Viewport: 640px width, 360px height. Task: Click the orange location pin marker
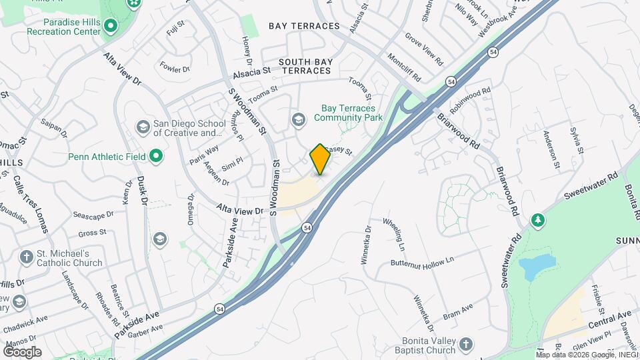[320, 159]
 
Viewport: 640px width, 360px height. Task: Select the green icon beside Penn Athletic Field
[156, 157]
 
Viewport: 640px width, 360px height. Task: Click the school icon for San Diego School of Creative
[142, 127]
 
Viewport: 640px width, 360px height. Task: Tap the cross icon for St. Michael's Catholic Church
[26, 257]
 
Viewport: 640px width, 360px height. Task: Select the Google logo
[22, 352]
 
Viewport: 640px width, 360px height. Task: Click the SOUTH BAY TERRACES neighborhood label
[305, 66]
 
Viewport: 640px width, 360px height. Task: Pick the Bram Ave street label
[457, 311]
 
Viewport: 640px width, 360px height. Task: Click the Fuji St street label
[174, 29]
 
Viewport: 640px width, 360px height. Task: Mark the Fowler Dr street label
[175, 67]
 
